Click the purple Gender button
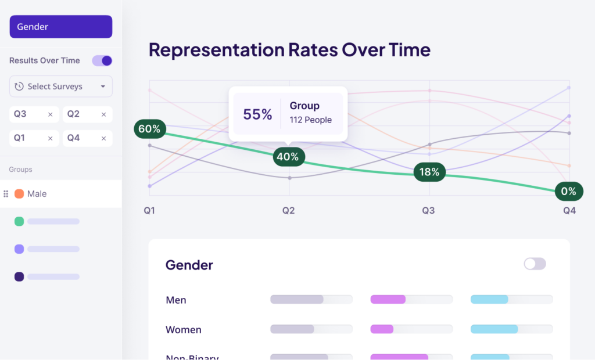pos(60,27)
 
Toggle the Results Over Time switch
pos(102,60)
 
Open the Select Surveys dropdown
pos(60,87)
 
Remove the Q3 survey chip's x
pos(50,114)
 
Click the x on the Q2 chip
pos(103,114)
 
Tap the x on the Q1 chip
pos(50,138)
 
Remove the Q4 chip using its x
pos(103,138)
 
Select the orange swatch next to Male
pos(19,194)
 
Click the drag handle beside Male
pos(6,194)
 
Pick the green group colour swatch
pos(19,221)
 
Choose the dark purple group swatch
pos(19,277)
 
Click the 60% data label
pos(150,129)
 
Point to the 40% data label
pos(288,157)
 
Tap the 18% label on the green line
pos(429,172)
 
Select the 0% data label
pos(568,191)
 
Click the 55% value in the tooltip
pos(257,114)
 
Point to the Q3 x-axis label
pos(428,211)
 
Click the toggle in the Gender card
pos(535,264)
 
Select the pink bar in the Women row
pos(382,329)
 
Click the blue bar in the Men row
pos(489,300)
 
